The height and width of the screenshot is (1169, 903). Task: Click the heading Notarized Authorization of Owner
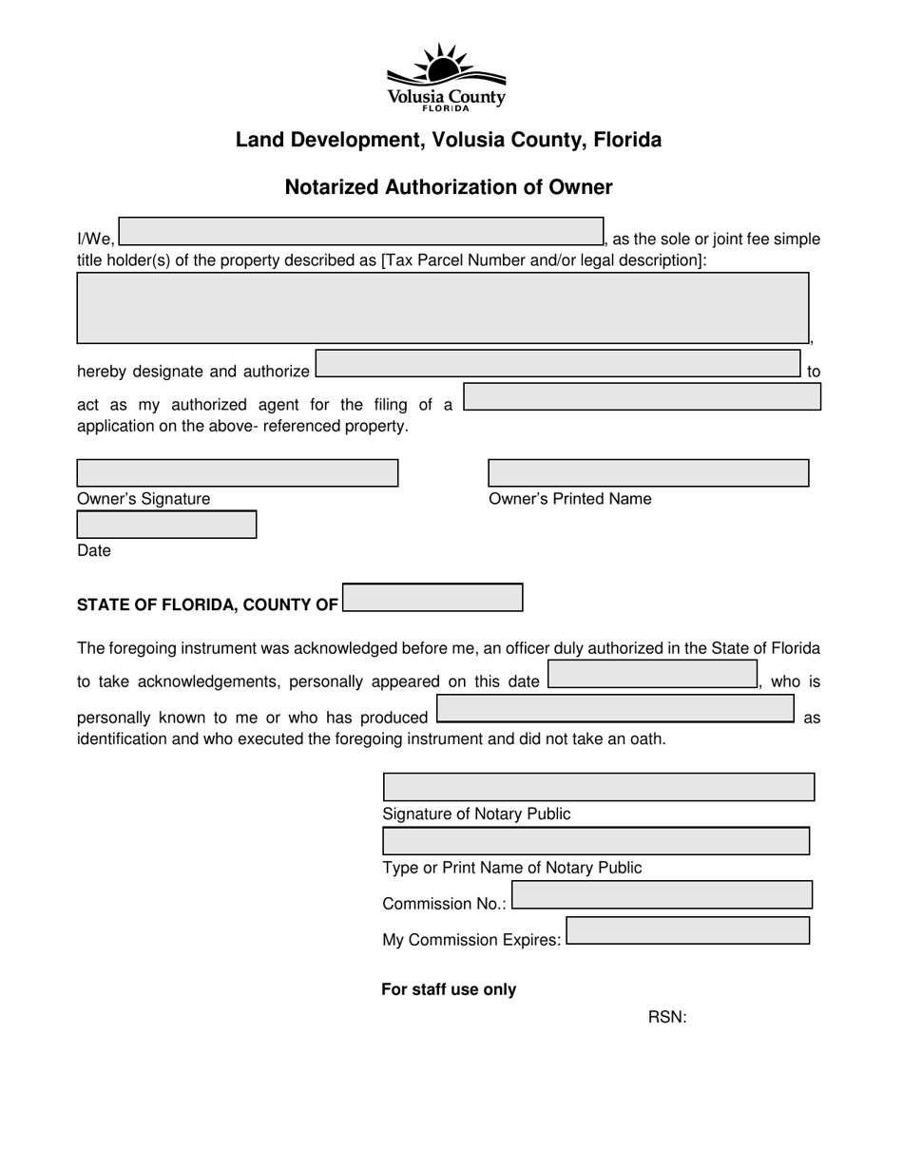coord(449,187)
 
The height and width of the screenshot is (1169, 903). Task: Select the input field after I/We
coord(360,232)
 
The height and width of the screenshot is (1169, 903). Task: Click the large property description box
coord(442,307)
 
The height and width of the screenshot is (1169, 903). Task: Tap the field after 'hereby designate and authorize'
coord(557,364)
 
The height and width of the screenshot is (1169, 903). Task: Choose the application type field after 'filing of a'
coord(642,397)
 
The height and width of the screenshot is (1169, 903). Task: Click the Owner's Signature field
coord(237,473)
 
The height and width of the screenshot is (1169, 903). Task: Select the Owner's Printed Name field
coord(648,473)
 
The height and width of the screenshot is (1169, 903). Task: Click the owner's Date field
coord(166,525)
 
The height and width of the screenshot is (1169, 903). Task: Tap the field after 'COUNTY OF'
coord(432,598)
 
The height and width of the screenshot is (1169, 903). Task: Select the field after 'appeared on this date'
coord(652,675)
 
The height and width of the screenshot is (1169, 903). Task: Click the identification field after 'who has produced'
coord(615,709)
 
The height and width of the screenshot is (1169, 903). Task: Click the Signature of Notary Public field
coord(598,787)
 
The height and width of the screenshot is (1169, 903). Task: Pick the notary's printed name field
coord(596,841)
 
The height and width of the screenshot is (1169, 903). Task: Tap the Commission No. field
coord(662,895)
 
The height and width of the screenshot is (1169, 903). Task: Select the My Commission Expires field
coord(687,930)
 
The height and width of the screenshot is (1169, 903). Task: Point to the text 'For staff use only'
coord(449,989)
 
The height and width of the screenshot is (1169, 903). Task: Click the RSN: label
coord(667,1018)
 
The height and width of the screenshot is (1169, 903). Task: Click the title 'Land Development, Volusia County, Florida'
coord(449,140)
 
